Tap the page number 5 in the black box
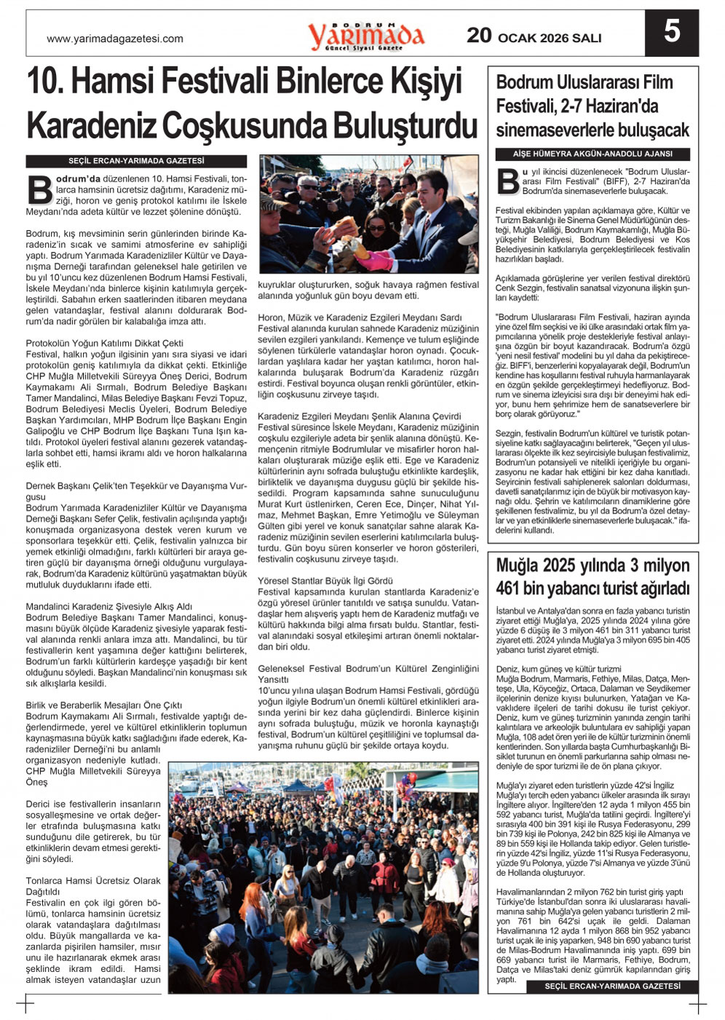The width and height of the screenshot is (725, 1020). [671, 32]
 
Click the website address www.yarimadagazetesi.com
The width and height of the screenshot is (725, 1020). [115, 39]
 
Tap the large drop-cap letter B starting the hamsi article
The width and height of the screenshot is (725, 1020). [39, 188]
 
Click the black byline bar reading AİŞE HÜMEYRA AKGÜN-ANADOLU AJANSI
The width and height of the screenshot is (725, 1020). [593, 154]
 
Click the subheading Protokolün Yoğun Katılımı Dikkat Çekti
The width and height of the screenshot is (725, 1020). [105, 343]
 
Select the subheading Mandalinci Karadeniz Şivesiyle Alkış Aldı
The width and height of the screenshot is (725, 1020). [109, 606]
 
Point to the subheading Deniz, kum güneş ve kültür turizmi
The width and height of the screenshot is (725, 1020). [558, 668]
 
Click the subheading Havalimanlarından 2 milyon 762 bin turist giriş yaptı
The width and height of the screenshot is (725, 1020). [590, 892]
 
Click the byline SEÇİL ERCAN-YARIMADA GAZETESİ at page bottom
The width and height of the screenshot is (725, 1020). [613, 987]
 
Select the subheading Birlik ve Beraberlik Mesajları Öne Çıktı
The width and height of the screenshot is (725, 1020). [104, 705]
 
